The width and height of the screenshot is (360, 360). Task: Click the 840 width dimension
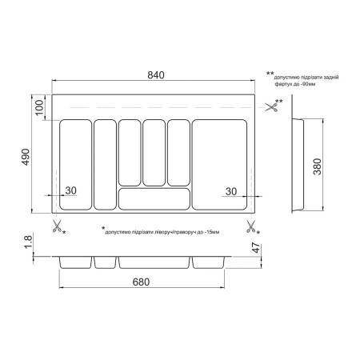(x=156, y=75)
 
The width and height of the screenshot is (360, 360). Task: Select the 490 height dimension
(x=26, y=157)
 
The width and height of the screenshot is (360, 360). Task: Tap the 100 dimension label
(x=39, y=107)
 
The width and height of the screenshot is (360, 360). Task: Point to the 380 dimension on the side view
(x=318, y=166)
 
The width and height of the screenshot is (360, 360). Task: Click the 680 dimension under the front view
(x=141, y=282)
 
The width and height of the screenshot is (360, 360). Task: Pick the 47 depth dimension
(x=256, y=248)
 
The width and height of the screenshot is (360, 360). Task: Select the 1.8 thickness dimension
(x=28, y=242)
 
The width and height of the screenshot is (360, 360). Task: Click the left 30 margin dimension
(x=71, y=190)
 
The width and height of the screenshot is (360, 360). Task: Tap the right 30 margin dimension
(x=231, y=191)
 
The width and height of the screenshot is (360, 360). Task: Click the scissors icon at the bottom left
(x=57, y=226)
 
